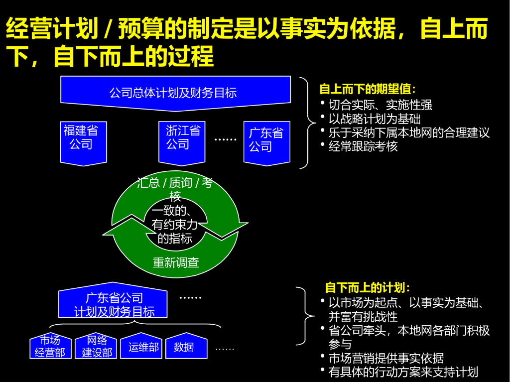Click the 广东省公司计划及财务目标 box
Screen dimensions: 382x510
click(x=114, y=304)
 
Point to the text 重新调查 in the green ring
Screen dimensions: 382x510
click(x=175, y=262)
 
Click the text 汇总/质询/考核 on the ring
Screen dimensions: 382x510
click(x=175, y=188)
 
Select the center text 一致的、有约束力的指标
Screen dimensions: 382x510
click(x=174, y=225)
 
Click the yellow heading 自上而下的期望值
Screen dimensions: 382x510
click(x=368, y=90)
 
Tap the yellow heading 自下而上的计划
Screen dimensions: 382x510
click(x=368, y=288)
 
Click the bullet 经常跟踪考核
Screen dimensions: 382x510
click(x=363, y=146)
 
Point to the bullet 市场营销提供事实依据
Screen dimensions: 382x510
click(x=386, y=358)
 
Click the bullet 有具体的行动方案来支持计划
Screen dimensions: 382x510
click(x=403, y=372)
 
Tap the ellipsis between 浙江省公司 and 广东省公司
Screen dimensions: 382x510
click(x=225, y=140)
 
